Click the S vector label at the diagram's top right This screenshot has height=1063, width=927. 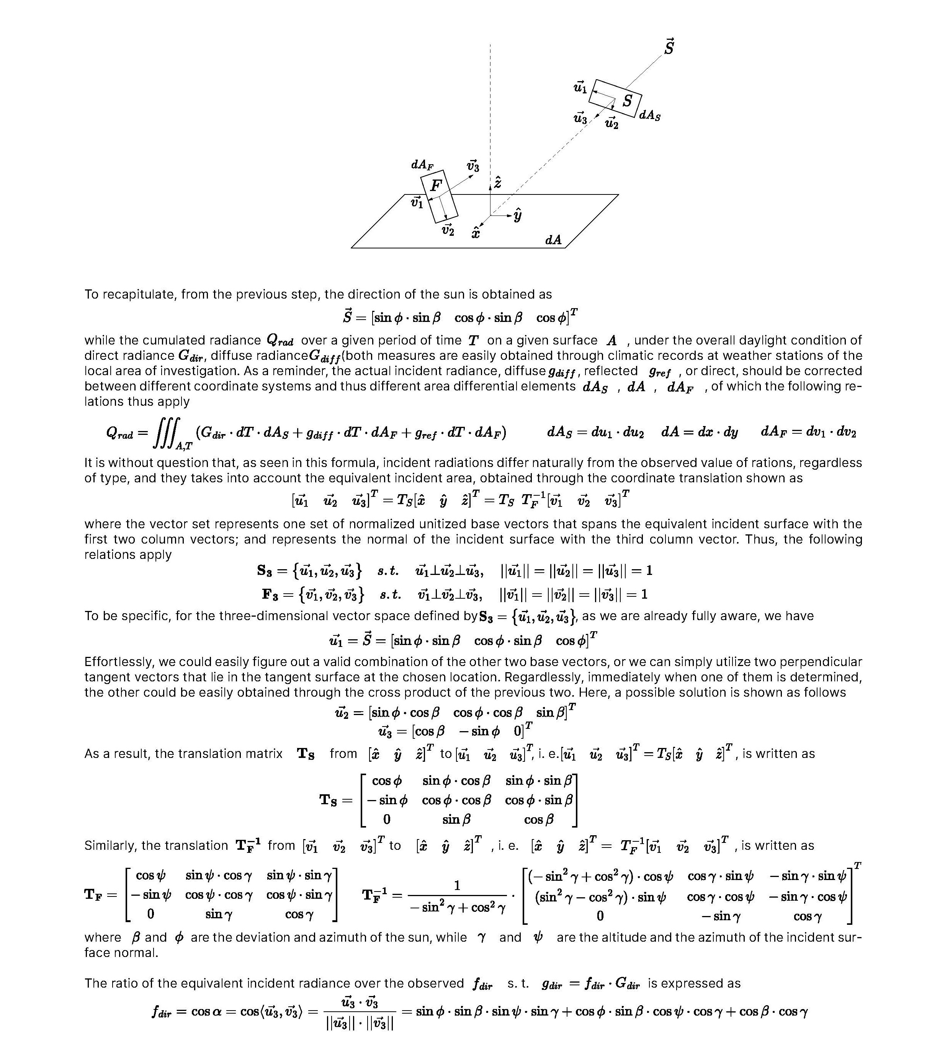669,47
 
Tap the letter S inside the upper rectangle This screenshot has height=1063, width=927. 627,101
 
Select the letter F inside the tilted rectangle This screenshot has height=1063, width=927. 437,186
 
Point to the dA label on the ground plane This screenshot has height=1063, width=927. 553,240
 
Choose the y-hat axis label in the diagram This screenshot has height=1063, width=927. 517,215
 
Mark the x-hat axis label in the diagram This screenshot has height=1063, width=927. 476,233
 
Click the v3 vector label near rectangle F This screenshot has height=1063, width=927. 473,167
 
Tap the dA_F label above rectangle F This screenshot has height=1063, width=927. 422,165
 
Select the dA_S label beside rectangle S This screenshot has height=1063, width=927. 650,115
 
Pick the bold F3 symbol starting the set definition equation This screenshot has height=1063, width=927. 271,594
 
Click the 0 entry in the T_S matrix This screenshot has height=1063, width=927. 386,819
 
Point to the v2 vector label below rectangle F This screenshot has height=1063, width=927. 448,230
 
